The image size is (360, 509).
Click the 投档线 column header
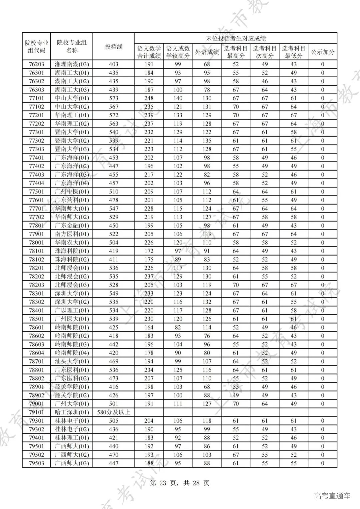coord(114,47)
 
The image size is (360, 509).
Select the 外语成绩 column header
coord(207,52)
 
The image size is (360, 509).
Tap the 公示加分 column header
coord(322,52)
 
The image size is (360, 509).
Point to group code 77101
coord(36,98)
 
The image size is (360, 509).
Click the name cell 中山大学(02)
coord(72,107)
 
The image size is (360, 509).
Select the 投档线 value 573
coord(114,98)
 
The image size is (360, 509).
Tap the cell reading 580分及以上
coord(114,412)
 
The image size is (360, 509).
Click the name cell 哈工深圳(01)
coord(72,412)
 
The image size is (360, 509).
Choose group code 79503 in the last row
coord(36,463)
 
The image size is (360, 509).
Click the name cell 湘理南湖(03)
coord(72,64)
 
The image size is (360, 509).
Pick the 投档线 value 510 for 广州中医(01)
coord(114,192)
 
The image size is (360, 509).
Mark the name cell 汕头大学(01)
coord(72,361)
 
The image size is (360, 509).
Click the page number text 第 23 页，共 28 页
coord(180,483)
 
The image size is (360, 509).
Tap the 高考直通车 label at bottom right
coord(332,496)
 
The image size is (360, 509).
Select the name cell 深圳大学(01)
coord(72,293)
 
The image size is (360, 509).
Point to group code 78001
coord(36,243)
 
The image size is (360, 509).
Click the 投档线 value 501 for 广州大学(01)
coord(114,404)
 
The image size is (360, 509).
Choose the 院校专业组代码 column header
coord(36,47)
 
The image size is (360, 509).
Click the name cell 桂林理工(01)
coord(72,438)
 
